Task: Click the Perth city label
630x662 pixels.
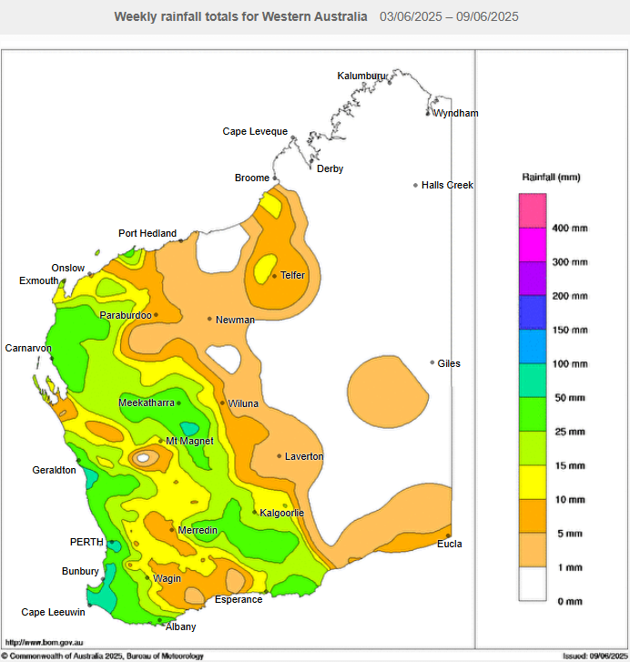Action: click(86, 542)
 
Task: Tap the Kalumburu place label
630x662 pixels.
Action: click(362, 76)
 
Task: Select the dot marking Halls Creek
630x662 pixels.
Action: click(416, 186)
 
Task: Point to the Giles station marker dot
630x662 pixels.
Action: click(432, 362)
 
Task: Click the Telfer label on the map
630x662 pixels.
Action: click(292, 275)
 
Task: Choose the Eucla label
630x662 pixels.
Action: click(449, 544)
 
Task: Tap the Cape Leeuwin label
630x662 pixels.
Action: click(54, 612)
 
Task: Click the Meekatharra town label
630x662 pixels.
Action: click(146, 402)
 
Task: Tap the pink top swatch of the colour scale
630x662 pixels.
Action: click(533, 210)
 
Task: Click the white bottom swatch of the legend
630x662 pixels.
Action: click(533, 584)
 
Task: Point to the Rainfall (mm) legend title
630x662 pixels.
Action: click(551, 177)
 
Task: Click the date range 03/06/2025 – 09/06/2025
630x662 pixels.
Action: click(450, 17)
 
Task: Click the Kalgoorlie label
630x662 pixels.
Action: click(282, 513)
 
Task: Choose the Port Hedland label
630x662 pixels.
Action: click(147, 233)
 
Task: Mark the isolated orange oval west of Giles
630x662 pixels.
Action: click(388, 386)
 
